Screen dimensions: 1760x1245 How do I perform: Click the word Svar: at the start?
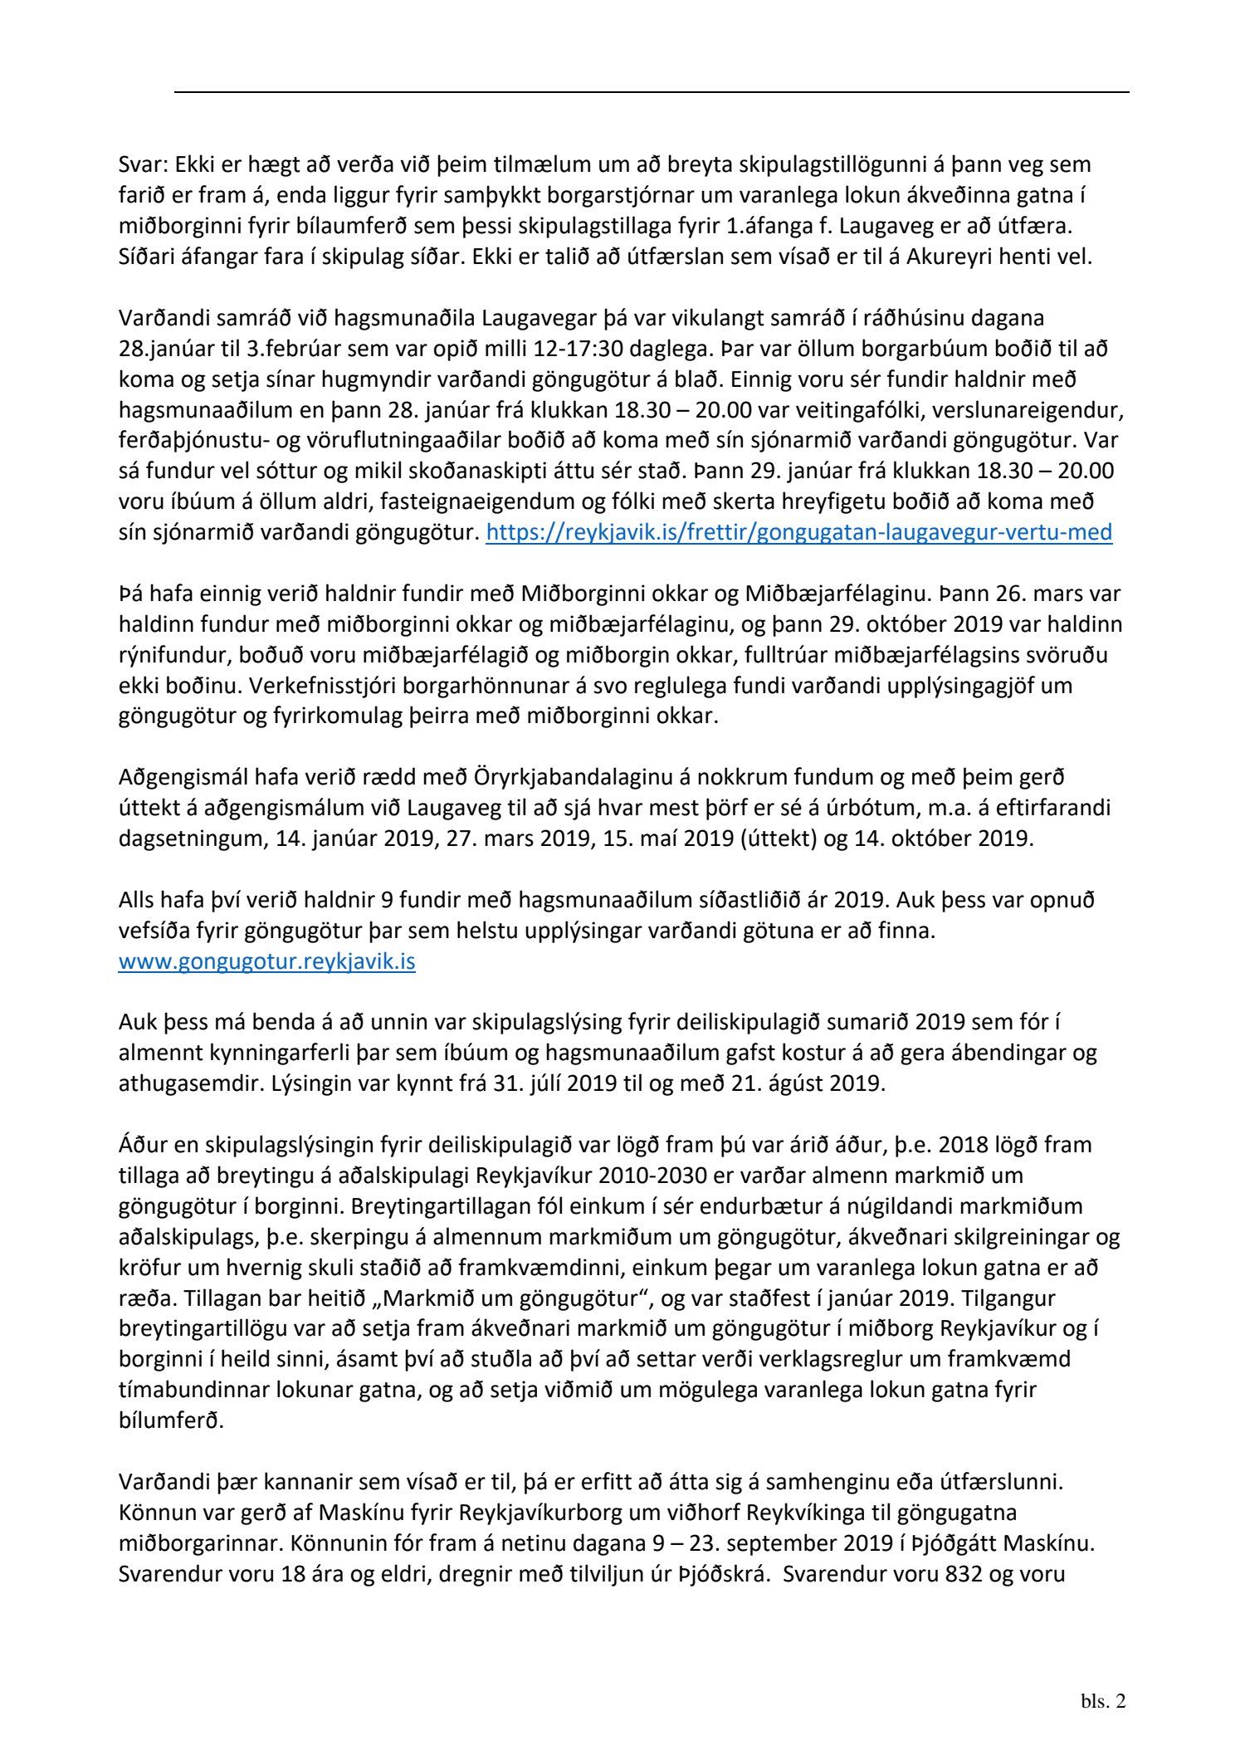[x=143, y=165]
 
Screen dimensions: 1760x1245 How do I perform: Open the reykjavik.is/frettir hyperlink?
[x=798, y=532]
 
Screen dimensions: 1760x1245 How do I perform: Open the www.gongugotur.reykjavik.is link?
[x=266, y=962]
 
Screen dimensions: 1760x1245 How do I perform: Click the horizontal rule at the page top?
[x=652, y=91]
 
